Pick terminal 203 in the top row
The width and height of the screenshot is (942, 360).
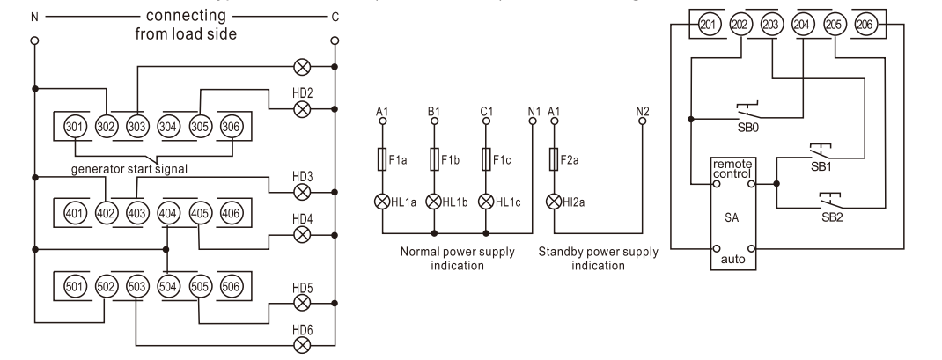click(x=771, y=24)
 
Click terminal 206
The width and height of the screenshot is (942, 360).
click(x=865, y=24)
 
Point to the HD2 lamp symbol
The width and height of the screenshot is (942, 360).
click(x=301, y=108)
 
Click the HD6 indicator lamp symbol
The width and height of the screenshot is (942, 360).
click(x=301, y=343)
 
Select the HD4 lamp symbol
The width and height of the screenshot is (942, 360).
click(x=301, y=234)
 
